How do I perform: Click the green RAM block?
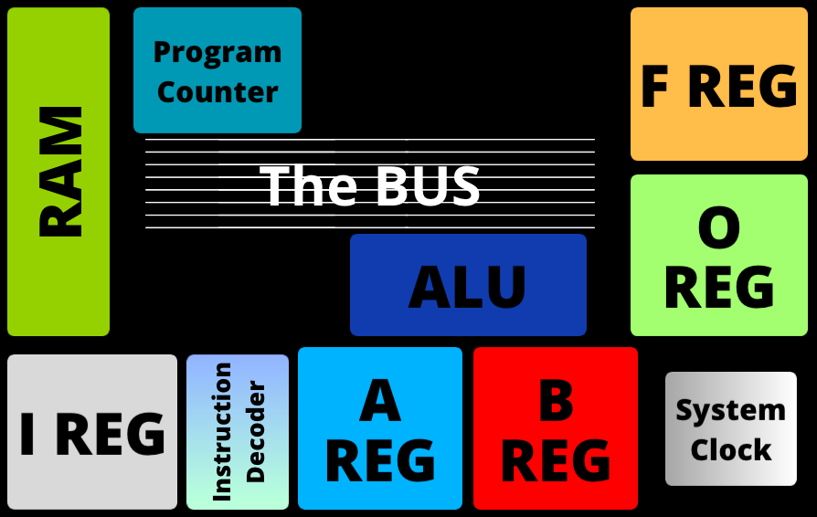(x=58, y=172)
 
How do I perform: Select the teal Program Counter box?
(x=218, y=71)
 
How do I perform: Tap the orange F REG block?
(x=719, y=84)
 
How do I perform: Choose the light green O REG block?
(x=719, y=256)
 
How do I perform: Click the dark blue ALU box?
(x=468, y=285)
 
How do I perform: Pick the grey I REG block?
(x=92, y=432)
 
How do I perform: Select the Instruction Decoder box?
(x=238, y=432)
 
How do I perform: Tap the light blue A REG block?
(x=380, y=428)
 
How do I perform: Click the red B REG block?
(x=556, y=428)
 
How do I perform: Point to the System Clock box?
(x=731, y=428)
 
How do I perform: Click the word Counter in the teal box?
(x=218, y=91)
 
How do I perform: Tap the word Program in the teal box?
(x=218, y=52)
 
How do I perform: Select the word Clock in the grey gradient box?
(x=731, y=449)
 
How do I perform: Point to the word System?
(x=731, y=410)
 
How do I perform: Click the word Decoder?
(x=256, y=432)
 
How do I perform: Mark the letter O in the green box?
(x=719, y=230)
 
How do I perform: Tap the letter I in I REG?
(x=28, y=435)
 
